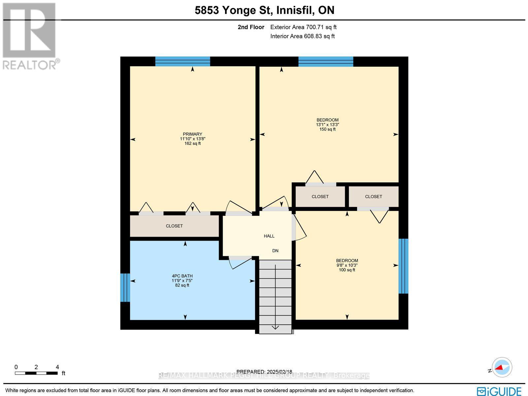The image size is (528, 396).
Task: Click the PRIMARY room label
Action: coord(192,134)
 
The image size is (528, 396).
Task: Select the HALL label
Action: coord(269,236)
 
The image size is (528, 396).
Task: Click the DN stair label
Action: coord(275,251)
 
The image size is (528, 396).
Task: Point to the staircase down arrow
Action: coord(275,327)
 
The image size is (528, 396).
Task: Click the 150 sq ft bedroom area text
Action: coord(327,129)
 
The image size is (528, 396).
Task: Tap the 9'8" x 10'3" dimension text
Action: coord(347,265)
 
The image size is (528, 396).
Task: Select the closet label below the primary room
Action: coord(174,226)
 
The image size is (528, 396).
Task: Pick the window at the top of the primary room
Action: coord(182,61)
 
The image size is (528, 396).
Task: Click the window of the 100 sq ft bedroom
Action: coord(403,266)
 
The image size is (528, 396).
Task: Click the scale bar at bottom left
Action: coord(36,373)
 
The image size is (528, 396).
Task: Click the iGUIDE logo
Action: coord(499,391)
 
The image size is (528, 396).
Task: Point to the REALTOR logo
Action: coord(30,36)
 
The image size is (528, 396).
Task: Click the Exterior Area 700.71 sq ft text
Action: coord(303,27)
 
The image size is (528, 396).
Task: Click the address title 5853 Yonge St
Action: coord(264,10)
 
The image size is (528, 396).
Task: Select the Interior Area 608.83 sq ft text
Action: coord(302,36)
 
